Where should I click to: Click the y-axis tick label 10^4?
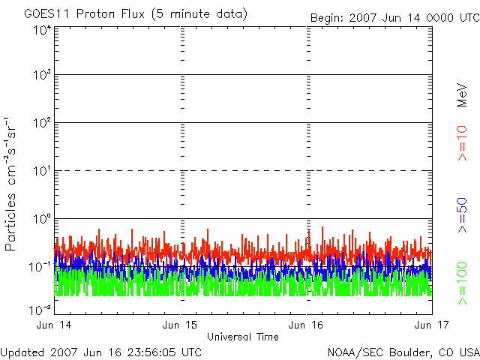click(x=42, y=31)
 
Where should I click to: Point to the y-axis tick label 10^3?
click(x=42, y=74)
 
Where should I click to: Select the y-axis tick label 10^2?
click(x=42, y=123)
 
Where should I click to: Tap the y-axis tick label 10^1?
click(x=42, y=171)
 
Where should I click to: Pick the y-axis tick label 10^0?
click(x=42, y=219)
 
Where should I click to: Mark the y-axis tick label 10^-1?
click(x=40, y=267)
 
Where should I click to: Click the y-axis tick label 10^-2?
click(x=40, y=310)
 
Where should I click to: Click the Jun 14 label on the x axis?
click(x=54, y=325)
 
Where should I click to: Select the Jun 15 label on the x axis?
click(x=180, y=325)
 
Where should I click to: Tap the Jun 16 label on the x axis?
click(x=306, y=325)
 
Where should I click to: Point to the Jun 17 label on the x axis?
click(x=432, y=325)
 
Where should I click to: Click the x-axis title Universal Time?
click(x=243, y=337)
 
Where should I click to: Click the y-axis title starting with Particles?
click(x=10, y=184)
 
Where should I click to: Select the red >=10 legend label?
click(x=462, y=143)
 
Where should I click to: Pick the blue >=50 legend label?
click(x=462, y=215)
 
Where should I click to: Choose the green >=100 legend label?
click(x=462, y=283)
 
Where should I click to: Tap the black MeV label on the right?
click(x=462, y=95)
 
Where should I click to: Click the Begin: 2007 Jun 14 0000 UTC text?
click(x=395, y=18)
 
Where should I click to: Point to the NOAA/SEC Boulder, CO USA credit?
click(x=403, y=352)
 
